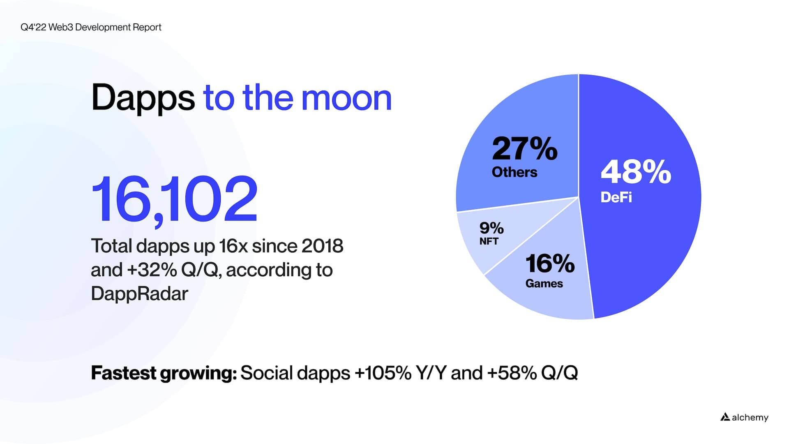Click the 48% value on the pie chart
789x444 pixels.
pos(636,172)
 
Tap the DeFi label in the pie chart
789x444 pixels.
pos(616,198)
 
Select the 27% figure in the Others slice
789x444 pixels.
pos(525,148)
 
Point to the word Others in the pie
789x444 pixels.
pos(514,172)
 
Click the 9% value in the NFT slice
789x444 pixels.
pos(491,228)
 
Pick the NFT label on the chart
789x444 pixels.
pos(489,241)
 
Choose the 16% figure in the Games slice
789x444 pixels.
pos(550,263)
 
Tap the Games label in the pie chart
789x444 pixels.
pos(544,284)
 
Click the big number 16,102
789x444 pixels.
pos(174,199)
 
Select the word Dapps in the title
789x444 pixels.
pos(143,98)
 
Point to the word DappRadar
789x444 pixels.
pos(139,294)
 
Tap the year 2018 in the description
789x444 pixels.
pos(322,246)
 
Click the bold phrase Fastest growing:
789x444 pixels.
pos(164,373)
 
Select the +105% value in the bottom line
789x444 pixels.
pos(383,373)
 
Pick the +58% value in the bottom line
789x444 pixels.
pos(512,373)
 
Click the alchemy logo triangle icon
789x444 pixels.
pos(725,417)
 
